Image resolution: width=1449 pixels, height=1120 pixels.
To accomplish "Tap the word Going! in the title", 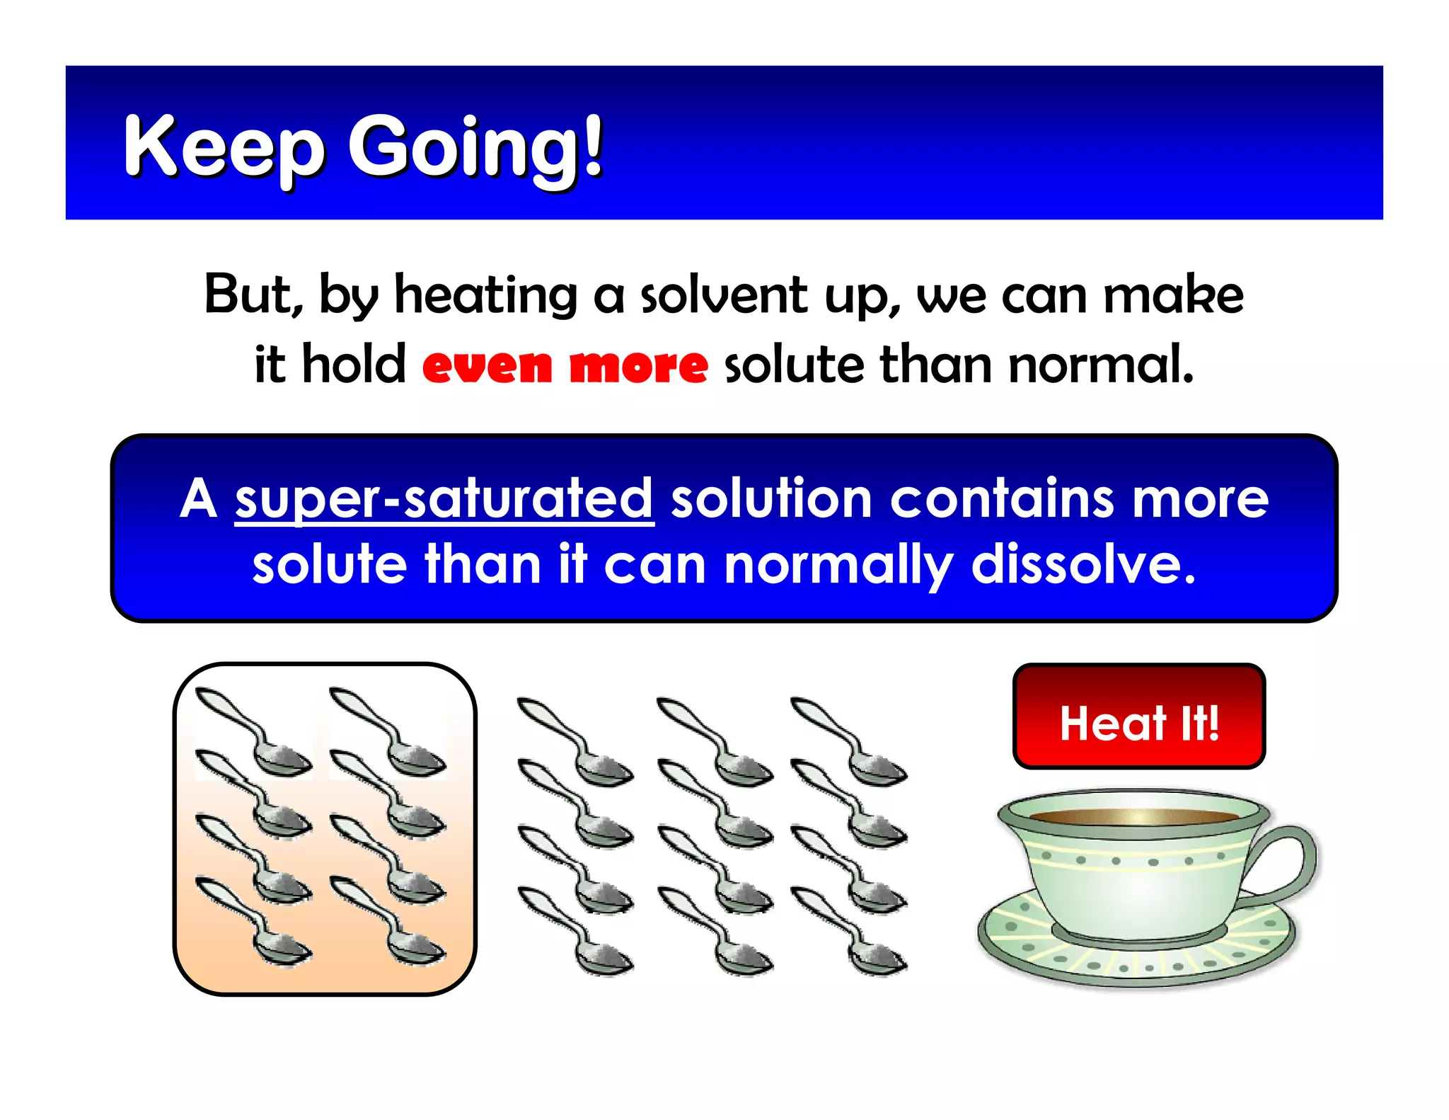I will coord(475,147).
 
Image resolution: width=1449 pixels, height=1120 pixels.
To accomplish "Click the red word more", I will coord(638,366).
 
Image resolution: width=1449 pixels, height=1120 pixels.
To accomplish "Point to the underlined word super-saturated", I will coord(444,500).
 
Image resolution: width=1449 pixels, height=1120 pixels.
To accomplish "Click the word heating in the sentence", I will coord(485,296).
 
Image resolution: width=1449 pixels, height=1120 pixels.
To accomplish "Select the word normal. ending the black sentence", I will coord(1101,365).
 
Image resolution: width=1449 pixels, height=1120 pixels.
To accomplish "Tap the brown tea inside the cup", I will coord(1132,816).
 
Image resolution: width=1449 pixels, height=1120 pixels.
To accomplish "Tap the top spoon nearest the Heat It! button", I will coord(849,741).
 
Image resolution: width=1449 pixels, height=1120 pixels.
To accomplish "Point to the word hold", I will coord(354,365).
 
